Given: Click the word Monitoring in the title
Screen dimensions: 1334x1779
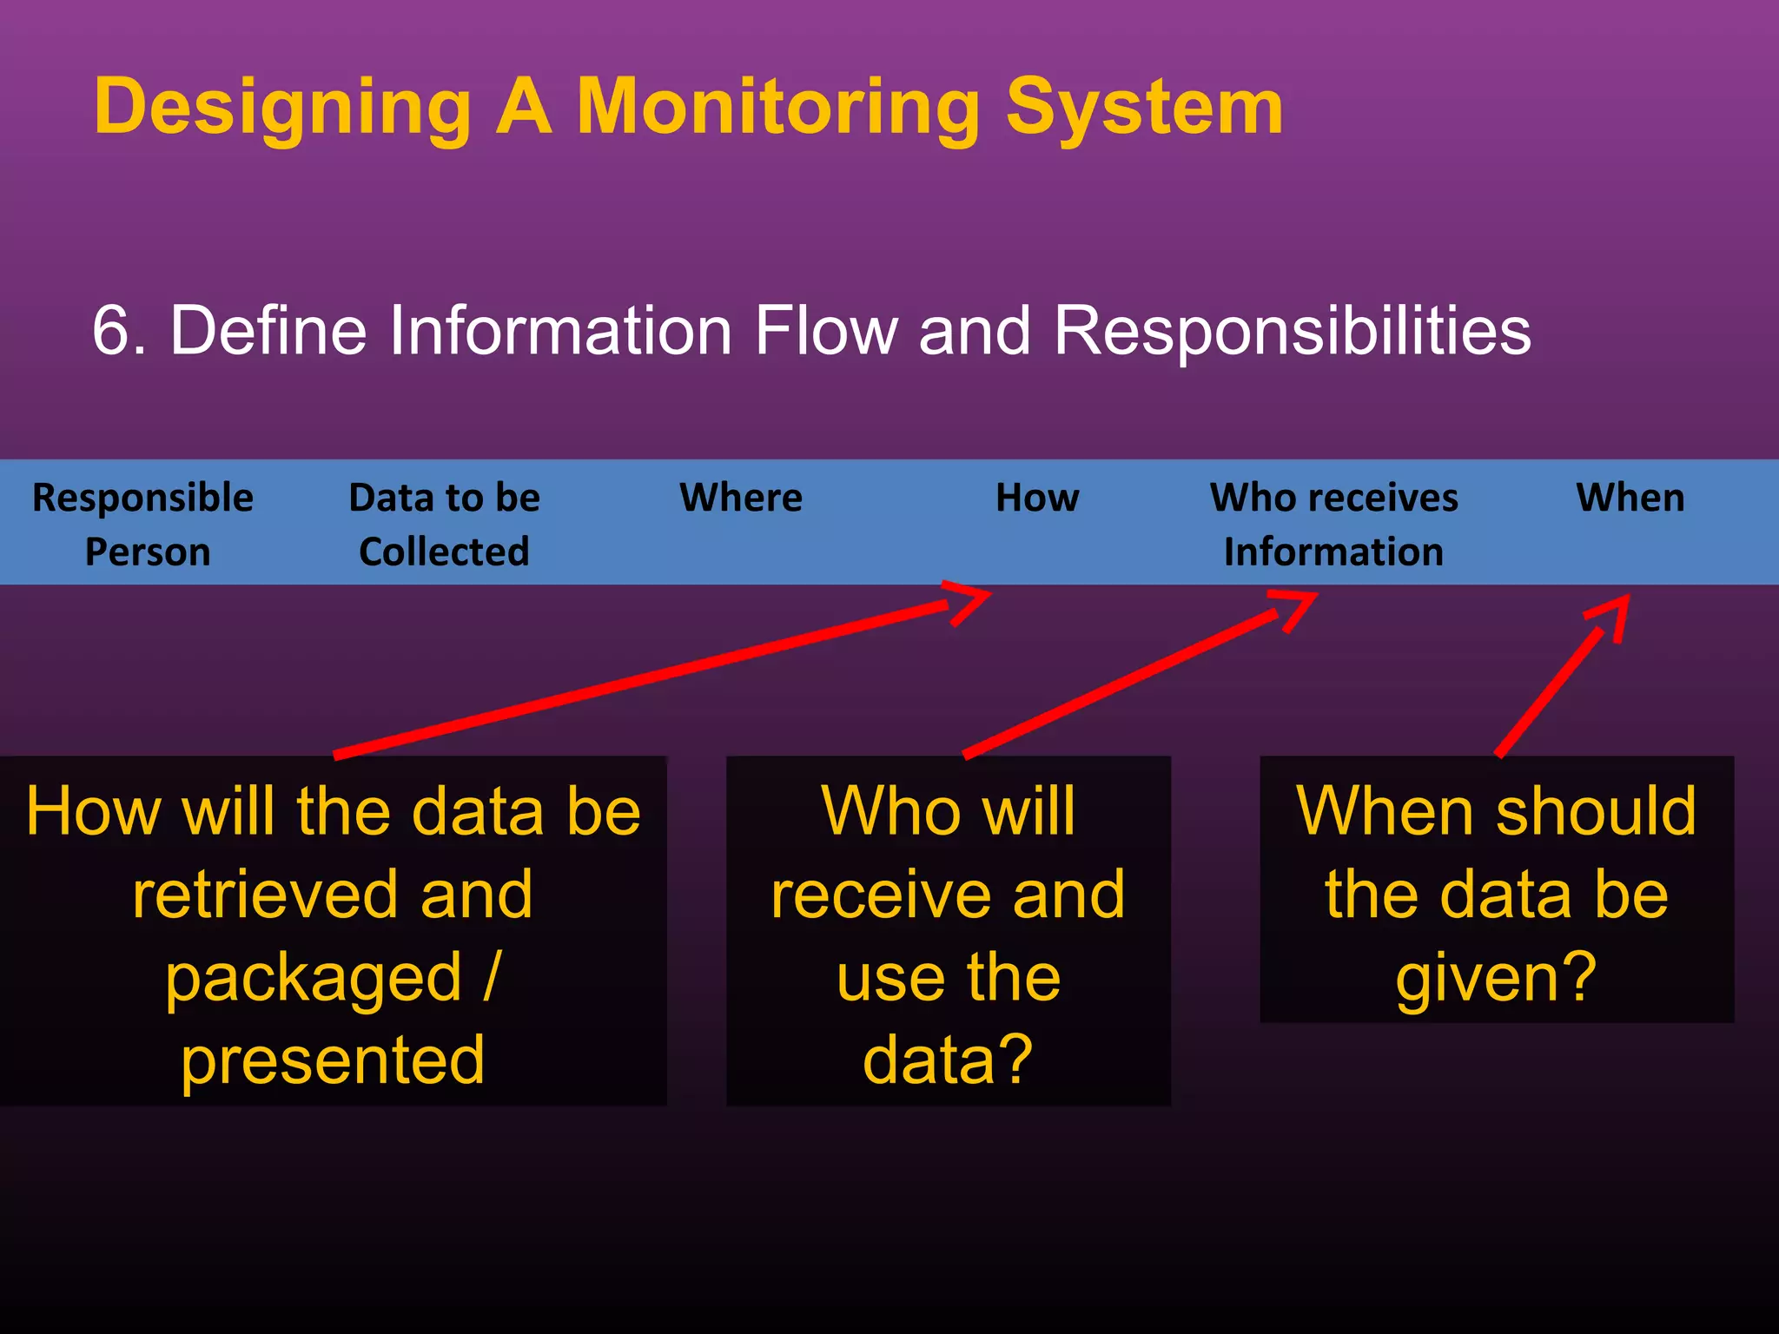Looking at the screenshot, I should (777, 107).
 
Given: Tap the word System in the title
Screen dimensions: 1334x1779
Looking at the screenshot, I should (1144, 107).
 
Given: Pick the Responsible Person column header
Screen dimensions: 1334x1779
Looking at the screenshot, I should (143, 524).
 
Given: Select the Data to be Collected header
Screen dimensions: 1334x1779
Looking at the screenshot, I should (444, 524).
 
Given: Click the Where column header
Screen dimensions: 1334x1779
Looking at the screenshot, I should (741, 498).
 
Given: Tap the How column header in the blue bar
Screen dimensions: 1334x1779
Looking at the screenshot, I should (1037, 498).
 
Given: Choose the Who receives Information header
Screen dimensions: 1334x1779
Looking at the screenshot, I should (1333, 524).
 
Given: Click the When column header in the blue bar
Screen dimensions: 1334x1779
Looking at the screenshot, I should (1630, 498).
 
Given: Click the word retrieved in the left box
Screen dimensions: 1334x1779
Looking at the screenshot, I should (266, 895).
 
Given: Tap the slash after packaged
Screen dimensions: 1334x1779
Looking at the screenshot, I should (492, 977).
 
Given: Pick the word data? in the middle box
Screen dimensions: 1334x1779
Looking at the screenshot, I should (948, 1060).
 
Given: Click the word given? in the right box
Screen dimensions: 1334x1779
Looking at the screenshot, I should (1496, 978).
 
